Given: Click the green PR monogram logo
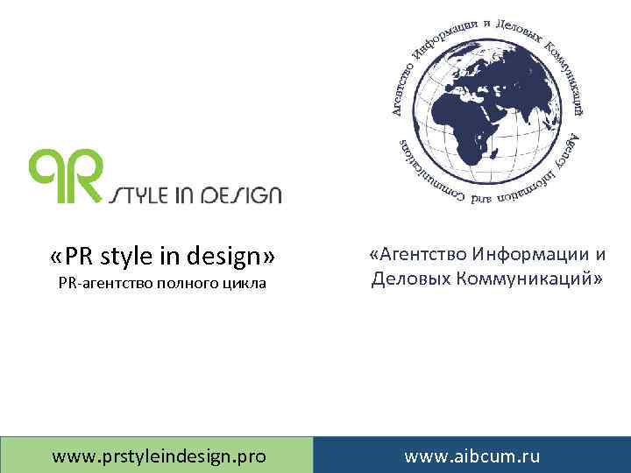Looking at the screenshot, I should [66, 175].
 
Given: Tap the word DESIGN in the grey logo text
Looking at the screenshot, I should [246, 194].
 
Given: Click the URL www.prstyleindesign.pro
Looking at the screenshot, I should [160, 456].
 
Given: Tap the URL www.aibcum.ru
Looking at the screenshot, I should [471, 456].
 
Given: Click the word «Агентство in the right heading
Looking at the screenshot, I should [417, 255].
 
